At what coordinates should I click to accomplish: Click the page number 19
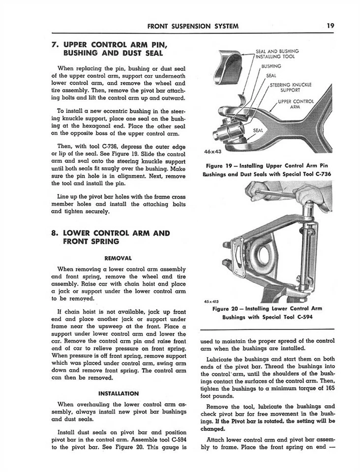330,26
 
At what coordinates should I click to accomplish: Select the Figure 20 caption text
267,313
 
